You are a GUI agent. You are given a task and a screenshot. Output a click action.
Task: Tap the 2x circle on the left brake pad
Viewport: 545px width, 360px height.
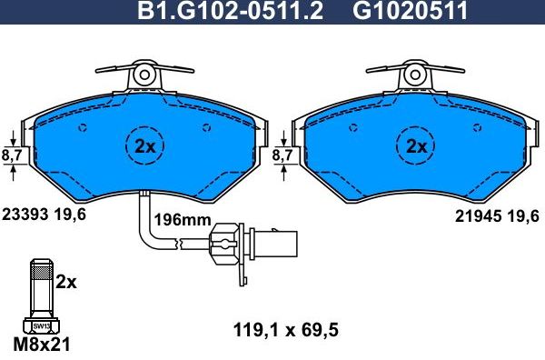point(145,147)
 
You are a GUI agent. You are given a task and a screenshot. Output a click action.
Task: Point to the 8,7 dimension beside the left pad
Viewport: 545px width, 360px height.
point(12,156)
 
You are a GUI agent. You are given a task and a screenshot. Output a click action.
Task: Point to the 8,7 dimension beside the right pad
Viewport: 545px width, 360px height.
point(282,156)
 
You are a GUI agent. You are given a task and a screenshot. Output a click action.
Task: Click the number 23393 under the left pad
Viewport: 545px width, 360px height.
point(25,215)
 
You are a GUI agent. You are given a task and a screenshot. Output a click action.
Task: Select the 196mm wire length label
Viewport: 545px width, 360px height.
point(182,221)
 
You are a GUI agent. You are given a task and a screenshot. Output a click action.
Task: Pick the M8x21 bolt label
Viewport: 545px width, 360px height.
point(40,345)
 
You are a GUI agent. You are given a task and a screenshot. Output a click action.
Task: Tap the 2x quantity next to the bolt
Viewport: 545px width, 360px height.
point(66,282)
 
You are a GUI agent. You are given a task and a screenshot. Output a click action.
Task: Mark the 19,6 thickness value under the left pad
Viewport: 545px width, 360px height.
point(71,215)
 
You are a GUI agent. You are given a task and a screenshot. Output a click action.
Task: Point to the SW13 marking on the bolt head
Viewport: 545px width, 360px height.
point(40,326)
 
